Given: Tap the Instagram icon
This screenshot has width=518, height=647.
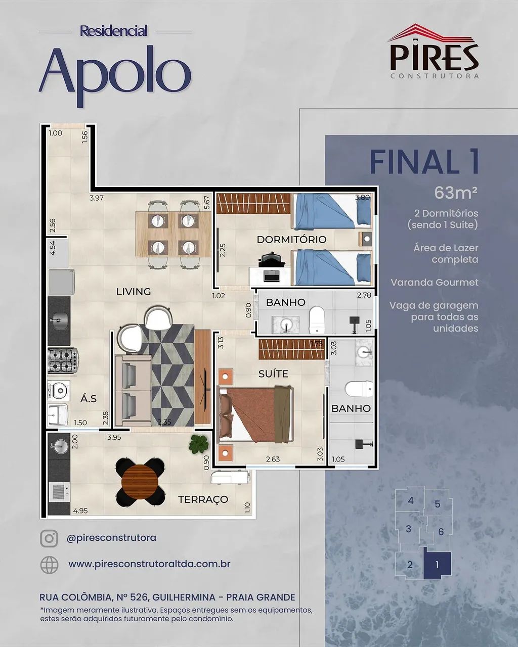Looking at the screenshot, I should (49, 538).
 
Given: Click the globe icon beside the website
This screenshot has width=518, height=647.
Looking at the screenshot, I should (49, 565).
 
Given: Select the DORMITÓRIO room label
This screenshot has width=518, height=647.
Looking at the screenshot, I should (291, 240).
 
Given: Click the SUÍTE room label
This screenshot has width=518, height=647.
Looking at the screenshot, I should (273, 374).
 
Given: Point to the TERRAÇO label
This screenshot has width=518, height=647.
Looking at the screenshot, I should (203, 499).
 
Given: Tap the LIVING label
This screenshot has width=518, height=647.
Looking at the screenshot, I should (134, 292).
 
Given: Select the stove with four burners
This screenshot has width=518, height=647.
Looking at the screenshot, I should (63, 360).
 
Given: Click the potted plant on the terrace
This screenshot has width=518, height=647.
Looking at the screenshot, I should (199, 444).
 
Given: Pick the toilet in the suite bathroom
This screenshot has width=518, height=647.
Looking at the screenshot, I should (359, 389).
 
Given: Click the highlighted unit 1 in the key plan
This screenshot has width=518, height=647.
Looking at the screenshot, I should (437, 565).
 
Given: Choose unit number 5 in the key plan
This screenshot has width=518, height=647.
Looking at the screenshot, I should (438, 504).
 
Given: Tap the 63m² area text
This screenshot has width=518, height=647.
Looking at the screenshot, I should (456, 193).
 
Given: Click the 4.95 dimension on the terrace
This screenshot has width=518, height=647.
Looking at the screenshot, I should (80, 511).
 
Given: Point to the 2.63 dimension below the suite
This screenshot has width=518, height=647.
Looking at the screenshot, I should (273, 459).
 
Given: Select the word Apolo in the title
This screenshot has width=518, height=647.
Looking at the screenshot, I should (115, 73).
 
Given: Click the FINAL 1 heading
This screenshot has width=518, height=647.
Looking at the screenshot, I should (424, 162).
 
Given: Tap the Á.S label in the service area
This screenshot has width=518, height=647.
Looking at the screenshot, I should (89, 399).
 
